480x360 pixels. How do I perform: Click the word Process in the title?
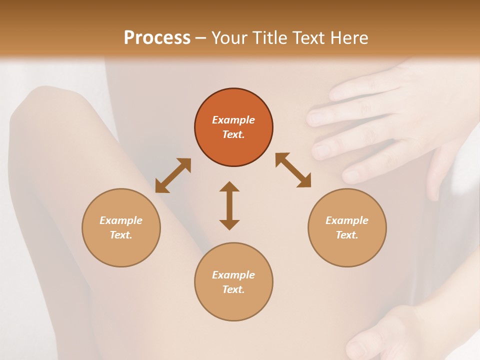157,37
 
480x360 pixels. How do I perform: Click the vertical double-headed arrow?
229,205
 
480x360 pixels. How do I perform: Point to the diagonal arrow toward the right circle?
293,170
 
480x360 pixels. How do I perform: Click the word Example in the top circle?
233,120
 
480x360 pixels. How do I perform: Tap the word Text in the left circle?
120,235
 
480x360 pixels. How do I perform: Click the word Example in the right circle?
347,220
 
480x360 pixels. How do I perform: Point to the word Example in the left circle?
121,220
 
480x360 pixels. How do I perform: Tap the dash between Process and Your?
201,38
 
